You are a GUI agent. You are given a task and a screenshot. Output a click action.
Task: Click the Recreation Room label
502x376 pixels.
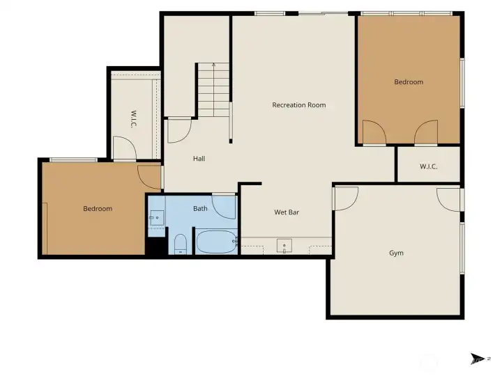click(298, 105)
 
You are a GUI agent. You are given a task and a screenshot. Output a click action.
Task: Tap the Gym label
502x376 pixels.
click(396, 253)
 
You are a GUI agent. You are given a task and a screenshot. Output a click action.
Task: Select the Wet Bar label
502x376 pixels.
click(287, 212)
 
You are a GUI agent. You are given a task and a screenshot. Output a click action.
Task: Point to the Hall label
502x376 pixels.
click(199, 159)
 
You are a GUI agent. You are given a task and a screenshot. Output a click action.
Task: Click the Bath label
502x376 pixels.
click(200, 208)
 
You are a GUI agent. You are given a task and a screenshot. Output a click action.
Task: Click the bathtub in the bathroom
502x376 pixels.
click(216, 242)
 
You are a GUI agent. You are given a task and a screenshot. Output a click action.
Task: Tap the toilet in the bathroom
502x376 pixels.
click(181, 244)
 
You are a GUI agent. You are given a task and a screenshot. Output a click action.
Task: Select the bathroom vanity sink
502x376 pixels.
click(157, 218)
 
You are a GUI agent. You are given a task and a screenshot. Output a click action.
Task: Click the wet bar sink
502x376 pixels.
click(284, 246)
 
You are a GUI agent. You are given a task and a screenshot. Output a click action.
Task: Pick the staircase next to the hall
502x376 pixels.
click(213, 90)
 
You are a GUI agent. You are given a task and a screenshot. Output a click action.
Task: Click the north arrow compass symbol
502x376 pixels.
click(478, 359)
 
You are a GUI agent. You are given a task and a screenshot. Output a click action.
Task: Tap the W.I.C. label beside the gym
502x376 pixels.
click(428, 166)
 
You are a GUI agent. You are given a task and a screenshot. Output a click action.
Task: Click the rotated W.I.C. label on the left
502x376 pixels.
click(134, 119)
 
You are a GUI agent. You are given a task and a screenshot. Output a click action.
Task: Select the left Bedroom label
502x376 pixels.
click(98, 208)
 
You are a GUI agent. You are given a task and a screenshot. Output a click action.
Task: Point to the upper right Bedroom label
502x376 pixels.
click(409, 82)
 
